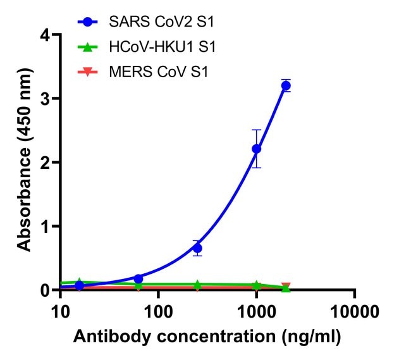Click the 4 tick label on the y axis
click(46, 35)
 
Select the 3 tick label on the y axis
click(46, 99)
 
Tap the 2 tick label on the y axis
click(46, 163)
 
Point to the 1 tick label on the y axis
click(46, 227)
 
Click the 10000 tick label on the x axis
click(354, 311)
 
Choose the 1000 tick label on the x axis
click(256, 311)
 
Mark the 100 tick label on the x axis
click(158, 311)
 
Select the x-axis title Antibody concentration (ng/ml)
click(207, 337)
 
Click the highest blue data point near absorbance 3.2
click(286, 85)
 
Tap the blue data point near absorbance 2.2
click(256, 149)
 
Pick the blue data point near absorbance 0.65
click(197, 248)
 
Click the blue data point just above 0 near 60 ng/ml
click(138, 278)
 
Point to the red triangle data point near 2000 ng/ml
click(286, 287)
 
